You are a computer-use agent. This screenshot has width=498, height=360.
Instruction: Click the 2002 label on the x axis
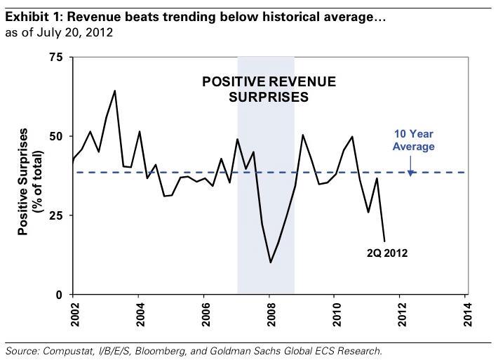pos(73,312)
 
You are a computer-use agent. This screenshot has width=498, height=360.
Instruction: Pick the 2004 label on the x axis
pos(138,312)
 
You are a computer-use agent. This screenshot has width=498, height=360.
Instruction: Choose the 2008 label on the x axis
pos(270,312)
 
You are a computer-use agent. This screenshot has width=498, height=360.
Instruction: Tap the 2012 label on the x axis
pos(401,312)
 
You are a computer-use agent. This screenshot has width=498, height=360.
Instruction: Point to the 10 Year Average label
pos(414,141)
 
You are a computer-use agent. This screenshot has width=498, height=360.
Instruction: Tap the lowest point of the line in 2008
pos(270,262)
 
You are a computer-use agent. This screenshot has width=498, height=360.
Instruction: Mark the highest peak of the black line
pos(115,91)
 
